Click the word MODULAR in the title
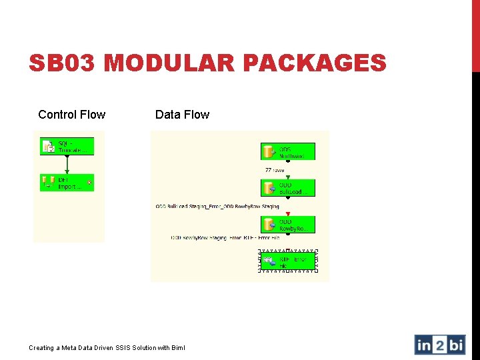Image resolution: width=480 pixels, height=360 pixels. [169, 63]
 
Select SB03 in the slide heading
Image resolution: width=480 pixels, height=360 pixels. [63, 63]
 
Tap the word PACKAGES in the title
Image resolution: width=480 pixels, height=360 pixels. [315, 63]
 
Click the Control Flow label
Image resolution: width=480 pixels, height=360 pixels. [71, 115]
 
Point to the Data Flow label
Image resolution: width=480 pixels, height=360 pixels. [182, 115]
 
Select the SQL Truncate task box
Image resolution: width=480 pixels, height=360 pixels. [67, 147]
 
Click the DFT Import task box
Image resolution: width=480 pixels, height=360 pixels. [67, 183]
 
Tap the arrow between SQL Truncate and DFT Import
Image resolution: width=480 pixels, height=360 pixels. [67, 165]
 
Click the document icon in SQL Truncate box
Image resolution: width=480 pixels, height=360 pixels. [48, 147]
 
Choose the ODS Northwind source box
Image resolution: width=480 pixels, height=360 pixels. [287, 151]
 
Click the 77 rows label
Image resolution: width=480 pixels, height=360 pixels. [275, 170]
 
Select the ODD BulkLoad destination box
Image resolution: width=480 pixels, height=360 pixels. [287, 188]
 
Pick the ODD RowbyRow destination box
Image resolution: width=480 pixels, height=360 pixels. [287, 225]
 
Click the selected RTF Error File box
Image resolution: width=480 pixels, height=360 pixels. [287, 261]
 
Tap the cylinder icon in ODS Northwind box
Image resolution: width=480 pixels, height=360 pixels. [269, 151]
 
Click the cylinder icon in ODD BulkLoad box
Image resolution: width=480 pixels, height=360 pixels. [269, 188]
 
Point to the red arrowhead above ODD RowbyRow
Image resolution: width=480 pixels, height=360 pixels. [287, 214]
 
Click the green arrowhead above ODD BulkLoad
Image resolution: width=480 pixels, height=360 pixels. [287, 177]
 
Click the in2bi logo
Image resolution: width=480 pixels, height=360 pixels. [439, 345]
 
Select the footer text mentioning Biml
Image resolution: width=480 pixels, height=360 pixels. [107, 347]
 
